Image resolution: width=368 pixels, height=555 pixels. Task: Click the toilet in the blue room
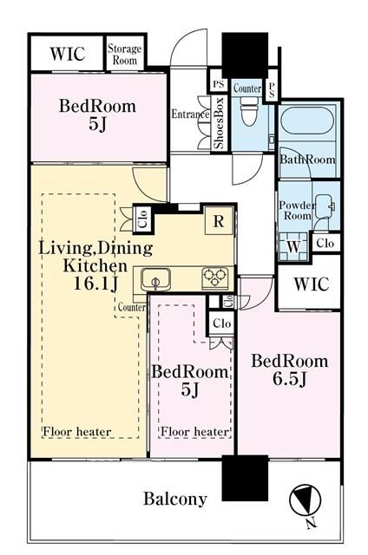pos(249,110)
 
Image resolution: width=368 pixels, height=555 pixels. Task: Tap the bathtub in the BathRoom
pos(307,121)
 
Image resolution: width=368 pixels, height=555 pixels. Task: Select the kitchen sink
pos(155,279)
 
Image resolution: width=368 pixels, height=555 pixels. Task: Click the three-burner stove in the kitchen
pos(215,277)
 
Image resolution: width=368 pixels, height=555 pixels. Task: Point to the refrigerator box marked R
pos(219,221)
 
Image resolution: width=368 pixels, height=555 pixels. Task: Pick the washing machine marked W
pos(292,246)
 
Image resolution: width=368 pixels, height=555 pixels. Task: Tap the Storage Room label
pos(124,54)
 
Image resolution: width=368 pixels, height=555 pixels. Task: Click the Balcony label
pos(175,499)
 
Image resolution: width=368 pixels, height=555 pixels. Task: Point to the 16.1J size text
pos(95,284)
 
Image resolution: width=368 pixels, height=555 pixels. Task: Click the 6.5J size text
pos(289,379)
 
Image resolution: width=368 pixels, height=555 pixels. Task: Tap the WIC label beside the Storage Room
pos(68,54)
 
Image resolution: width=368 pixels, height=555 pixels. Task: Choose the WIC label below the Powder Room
pos(312,284)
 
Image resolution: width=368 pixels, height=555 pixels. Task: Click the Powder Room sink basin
pos(325,206)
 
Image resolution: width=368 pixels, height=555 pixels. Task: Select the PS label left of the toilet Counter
pos(219,84)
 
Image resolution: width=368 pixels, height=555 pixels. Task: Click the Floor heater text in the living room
pos(77,432)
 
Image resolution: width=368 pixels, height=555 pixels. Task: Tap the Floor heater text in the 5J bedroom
pos(194,432)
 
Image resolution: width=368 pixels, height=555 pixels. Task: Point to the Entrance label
pos(190,114)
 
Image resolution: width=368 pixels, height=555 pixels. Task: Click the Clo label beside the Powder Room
pos(325,243)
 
